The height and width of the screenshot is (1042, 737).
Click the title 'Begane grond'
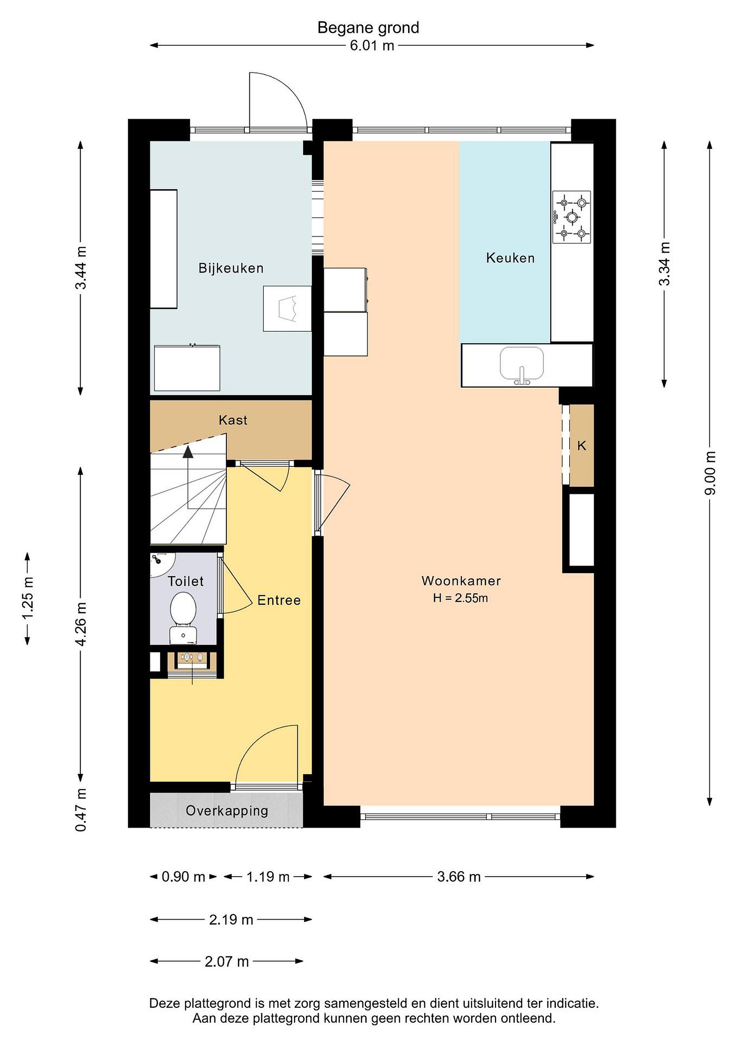pyautogui.click(x=368, y=28)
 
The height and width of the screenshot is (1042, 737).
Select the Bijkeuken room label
pyautogui.click(x=231, y=268)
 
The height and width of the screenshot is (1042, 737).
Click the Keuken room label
pyautogui.click(x=510, y=258)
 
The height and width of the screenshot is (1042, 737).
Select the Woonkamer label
pyautogui.click(x=461, y=581)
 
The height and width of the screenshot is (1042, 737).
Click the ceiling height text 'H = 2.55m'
pyautogui.click(x=460, y=598)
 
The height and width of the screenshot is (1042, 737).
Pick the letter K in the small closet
pyautogui.click(x=581, y=446)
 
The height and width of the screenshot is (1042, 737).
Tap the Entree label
pyautogui.click(x=279, y=601)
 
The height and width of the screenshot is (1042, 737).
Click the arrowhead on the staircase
pyautogui.click(x=188, y=452)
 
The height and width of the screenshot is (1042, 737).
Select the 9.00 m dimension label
pyautogui.click(x=710, y=473)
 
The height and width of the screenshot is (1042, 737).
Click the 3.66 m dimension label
pyautogui.click(x=459, y=877)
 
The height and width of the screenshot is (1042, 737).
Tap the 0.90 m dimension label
pyautogui.click(x=183, y=877)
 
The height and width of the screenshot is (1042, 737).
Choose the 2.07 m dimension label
pyautogui.click(x=226, y=962)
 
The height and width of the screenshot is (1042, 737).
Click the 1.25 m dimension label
pyautogui.click(x=28, y=598)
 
